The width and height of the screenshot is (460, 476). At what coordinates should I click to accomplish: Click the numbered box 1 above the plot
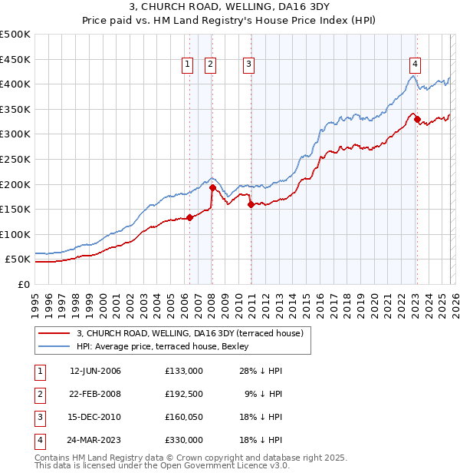click(188, 65)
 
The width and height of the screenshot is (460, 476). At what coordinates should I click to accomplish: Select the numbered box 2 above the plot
click(209, 65)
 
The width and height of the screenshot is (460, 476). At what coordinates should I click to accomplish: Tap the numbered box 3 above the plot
click(249, 65)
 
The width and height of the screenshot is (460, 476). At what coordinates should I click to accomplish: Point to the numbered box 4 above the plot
click(414, 65)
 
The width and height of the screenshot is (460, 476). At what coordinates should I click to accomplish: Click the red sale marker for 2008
click(212, 187)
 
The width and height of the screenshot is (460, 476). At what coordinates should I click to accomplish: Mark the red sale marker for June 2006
click(189, 217)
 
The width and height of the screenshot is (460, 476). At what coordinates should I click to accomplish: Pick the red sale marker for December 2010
click(251, 203)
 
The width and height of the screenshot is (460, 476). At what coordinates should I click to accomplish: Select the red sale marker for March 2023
click(417, 119)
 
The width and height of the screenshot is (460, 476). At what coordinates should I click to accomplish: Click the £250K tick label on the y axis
click(15, 159)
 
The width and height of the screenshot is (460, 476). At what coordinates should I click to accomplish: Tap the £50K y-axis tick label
click(18, 259)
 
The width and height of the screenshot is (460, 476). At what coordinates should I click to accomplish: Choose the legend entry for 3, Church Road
click(190, 333)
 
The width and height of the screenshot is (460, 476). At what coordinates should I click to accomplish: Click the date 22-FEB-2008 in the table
click(95, 394)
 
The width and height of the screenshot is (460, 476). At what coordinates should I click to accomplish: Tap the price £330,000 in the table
click(184, 440)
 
